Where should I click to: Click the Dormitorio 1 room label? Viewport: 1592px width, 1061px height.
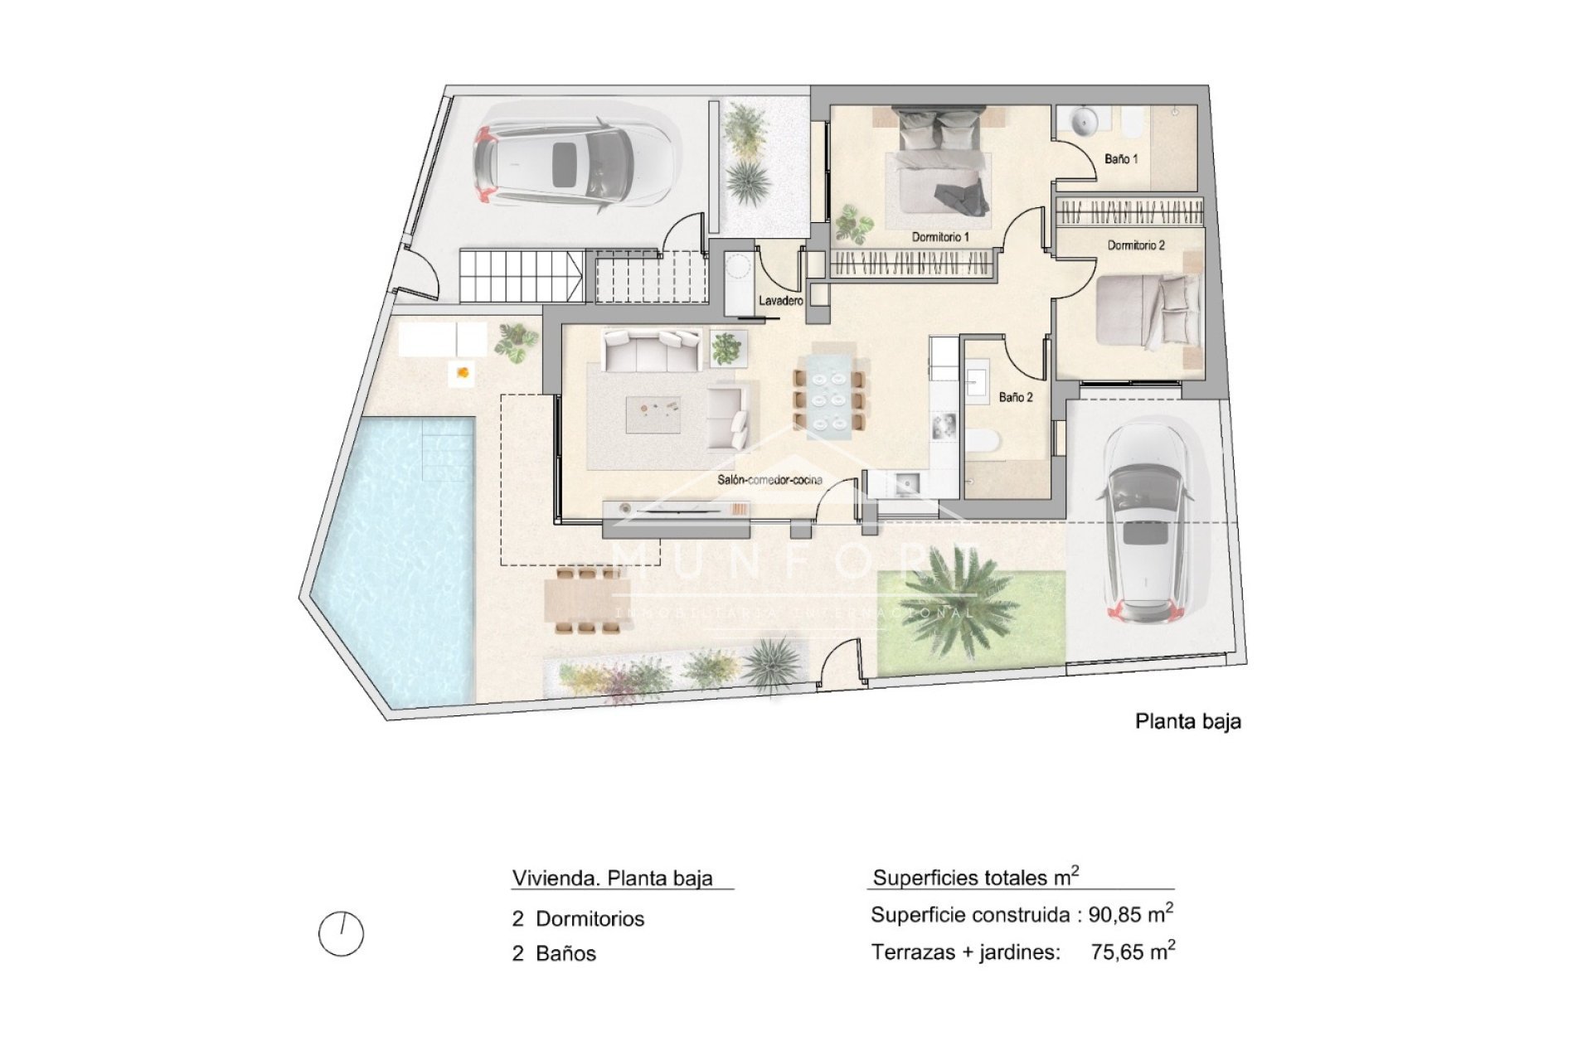tap(940, 237)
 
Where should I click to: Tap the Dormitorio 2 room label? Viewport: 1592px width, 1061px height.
tap(1136, 245)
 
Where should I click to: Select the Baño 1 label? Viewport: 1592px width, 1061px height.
tap(1121, 158)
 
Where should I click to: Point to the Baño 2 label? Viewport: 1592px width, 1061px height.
tap(1016, 397)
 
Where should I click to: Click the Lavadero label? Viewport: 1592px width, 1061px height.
tap(781, 301)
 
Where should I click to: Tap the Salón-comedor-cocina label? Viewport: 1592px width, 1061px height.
tap(770, 480)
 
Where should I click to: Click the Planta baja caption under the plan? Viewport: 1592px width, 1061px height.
tap(1187, 721)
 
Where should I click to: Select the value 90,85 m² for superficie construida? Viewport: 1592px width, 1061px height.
tap(1131, 914)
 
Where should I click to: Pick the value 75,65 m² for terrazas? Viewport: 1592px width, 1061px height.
tap(1133, 952)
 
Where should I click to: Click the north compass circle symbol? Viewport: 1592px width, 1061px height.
tap(341, 934)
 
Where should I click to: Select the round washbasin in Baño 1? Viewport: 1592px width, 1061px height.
tap(1083, 122)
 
